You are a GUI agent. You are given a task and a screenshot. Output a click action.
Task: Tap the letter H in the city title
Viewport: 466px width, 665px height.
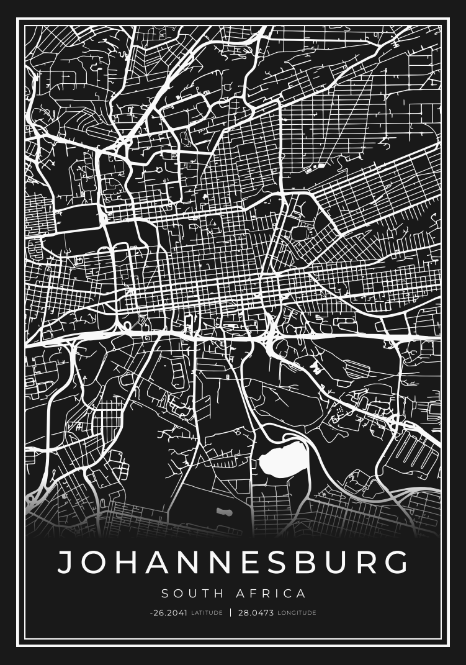point(127,561)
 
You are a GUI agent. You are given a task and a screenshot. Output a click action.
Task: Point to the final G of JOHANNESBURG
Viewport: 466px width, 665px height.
point(395,561)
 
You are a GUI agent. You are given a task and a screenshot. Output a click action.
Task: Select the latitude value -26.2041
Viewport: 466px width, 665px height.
point(168,613)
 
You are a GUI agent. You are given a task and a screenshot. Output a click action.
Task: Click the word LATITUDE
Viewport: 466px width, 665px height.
point(207,613)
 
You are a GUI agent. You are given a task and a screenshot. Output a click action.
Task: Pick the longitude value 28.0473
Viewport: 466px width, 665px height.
point(256,613)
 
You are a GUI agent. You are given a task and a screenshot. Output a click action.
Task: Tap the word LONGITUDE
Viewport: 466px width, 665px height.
point(297,613)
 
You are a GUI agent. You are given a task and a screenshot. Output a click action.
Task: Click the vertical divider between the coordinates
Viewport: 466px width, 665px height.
point(231,613)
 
